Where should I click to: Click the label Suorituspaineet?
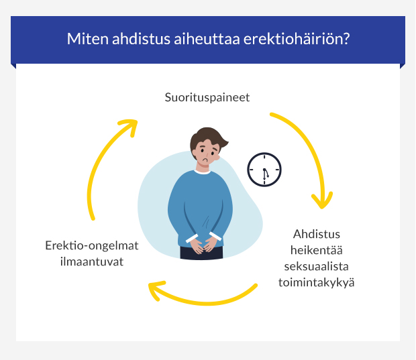(207, 97)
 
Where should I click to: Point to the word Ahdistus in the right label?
(317, 235)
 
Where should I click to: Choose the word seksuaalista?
(317, 267)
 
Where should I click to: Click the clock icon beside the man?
(264, 169)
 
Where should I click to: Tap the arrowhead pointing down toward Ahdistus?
(321, 200)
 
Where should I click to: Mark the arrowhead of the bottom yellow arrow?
(156, 290)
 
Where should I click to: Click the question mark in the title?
(346, 39)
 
